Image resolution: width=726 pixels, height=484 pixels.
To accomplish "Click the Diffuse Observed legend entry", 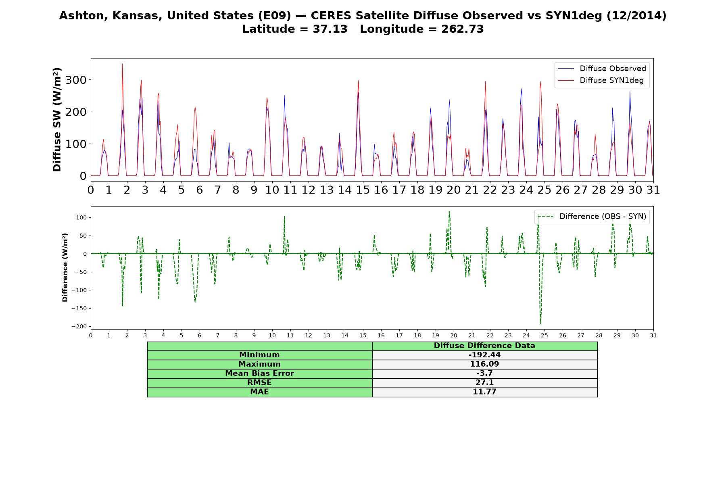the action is coord(602,69).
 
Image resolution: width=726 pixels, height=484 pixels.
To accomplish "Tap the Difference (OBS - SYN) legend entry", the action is coord(592,217).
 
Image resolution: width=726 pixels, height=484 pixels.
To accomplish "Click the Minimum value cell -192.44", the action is coord(484,355).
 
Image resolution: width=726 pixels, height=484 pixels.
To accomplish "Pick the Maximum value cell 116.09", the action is coord(484,364).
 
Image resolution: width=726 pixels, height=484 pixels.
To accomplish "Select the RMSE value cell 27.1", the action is coord(484,383).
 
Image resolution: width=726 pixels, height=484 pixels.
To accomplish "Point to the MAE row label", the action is coord(259,392).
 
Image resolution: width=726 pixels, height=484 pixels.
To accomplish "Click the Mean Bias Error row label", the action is coord(259,373).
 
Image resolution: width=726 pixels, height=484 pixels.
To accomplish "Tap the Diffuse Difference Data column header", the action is coord(484,346).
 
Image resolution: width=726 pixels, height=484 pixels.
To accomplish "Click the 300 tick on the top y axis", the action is coord(76,80).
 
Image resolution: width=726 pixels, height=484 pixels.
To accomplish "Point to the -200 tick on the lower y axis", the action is coord(79,326).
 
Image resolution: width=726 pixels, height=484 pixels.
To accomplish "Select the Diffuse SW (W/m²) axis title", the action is coord(57,120).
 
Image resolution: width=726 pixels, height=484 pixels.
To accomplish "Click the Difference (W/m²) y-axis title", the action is coord(65,267).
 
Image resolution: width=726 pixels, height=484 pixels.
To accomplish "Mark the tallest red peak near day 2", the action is coord(122,64).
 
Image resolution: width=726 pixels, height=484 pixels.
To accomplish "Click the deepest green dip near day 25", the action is coord(540,323).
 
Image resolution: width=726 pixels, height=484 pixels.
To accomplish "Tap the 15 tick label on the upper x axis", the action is coord(363,190).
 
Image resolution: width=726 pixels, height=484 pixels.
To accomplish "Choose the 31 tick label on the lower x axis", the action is coord(653,336).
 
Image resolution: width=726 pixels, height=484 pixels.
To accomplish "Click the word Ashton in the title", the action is coord(82,16).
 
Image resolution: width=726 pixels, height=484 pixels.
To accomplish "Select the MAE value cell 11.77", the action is coord(484,392).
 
